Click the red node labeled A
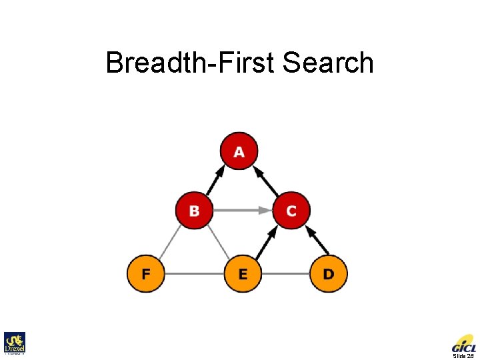[239, 152]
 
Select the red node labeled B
[194, 211]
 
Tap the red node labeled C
[291, 211]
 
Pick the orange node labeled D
[329, 273]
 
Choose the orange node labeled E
[243, 273]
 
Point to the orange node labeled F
[145, 273]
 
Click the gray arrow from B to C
[243, 211]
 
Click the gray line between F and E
[193, 273]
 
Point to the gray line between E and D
[285, 273]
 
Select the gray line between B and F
[169, 241]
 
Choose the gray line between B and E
[218, 241]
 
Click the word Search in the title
[328, 63]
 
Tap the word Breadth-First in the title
[191, 63]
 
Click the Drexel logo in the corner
[14, 343]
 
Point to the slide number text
[463, 356]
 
